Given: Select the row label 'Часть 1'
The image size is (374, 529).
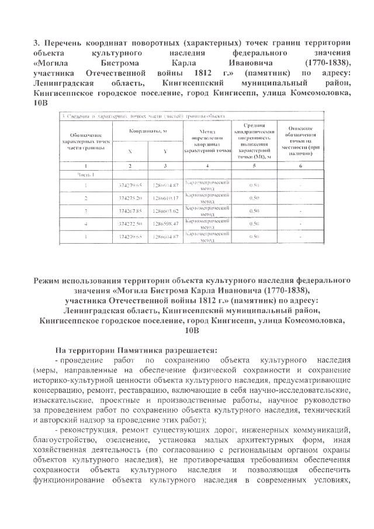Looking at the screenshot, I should coord(85,174).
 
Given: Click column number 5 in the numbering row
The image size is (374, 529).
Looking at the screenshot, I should coord(254,166).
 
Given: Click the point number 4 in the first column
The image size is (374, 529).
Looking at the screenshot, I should coord(85,224).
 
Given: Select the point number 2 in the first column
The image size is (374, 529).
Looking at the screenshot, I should coord(85,198).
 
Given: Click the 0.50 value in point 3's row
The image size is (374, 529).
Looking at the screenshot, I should coord(254,211).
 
